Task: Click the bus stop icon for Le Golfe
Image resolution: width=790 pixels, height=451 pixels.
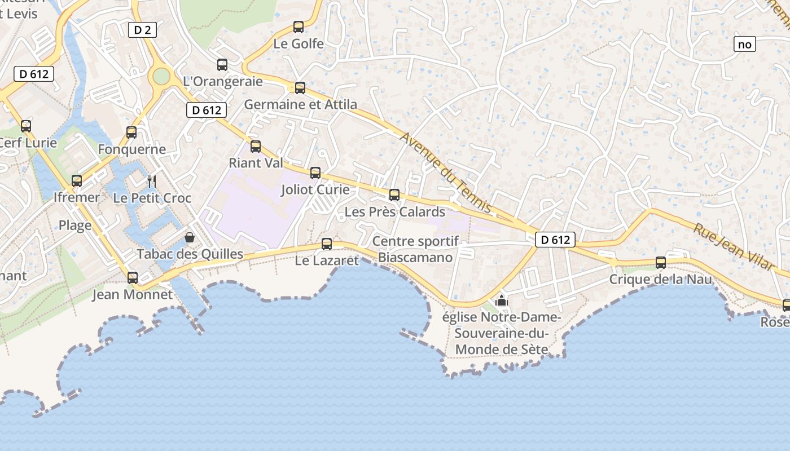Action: pos(299,26)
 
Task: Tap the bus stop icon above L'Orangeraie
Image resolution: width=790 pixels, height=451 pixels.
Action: pos(222,65)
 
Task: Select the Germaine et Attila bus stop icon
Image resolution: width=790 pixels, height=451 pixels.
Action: pos(300,87)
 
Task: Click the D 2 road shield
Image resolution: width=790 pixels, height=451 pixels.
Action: pos(142,30)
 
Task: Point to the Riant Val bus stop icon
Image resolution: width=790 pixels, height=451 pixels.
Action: pos(256,147)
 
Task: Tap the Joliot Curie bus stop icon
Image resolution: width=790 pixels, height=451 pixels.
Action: pos(315,173)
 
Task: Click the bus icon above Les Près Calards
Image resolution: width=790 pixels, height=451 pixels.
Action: pos(394,195)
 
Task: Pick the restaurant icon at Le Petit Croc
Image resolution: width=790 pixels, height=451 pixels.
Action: pos(151,181)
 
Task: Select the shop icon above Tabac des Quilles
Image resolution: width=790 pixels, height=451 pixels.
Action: pos(190,237)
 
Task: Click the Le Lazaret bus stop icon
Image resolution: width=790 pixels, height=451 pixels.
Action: pos(327,244)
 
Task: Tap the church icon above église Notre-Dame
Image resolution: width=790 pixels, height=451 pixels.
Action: pos(501,300)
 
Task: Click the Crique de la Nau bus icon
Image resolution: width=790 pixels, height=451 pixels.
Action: pos(661,263)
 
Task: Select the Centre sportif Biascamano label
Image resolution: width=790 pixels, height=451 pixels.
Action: pos(415,249)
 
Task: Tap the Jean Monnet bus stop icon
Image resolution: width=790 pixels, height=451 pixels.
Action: pos(133,277)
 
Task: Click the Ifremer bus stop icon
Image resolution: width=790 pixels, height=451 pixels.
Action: pos(77,181)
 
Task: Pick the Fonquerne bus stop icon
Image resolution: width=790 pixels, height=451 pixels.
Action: pos(131,132)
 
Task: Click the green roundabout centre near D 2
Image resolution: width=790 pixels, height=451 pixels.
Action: pos(161,76)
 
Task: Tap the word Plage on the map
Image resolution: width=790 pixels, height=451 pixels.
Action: pos(75,225)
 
